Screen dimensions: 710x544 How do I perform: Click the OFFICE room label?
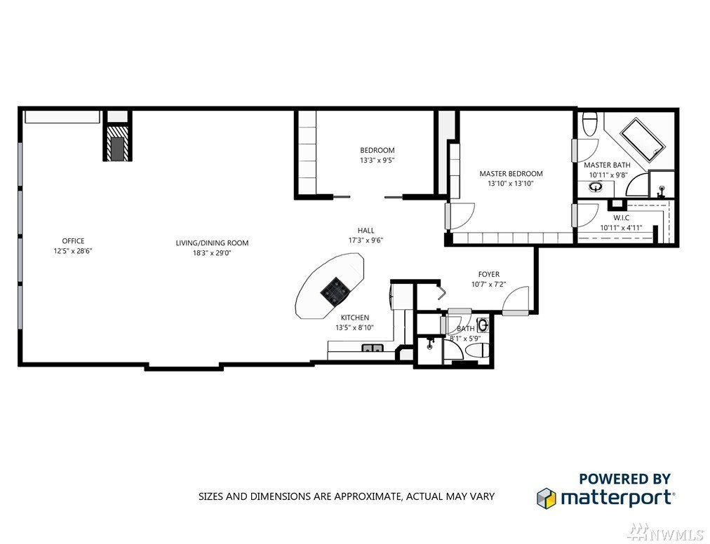click(73, 240)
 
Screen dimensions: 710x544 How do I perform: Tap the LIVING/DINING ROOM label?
click(212, 243)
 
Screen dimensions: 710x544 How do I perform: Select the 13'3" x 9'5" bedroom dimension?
click(377, 161)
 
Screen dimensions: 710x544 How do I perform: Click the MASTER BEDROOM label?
click(511, 173)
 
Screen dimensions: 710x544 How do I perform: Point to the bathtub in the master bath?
click(642, 140)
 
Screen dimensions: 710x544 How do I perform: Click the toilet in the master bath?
click(590, 123)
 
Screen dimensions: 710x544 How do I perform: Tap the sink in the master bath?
click(596, 186)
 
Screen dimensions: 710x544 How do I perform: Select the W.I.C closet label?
click(622, 218)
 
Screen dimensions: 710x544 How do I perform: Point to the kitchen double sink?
click(373, 348)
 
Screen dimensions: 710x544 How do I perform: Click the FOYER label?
click(488, 274)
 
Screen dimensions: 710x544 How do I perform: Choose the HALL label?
click(366, 231)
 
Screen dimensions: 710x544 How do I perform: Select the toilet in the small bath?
click(477, 351)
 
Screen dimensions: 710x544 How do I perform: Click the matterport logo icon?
click(546, 498)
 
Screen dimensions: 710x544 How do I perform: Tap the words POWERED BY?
click(624, 478)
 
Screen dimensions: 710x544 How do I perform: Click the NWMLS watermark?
click(666, 531)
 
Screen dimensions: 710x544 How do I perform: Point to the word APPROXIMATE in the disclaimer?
click(366, 496)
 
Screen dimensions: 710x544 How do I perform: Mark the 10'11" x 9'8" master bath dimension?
click(608, 175)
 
